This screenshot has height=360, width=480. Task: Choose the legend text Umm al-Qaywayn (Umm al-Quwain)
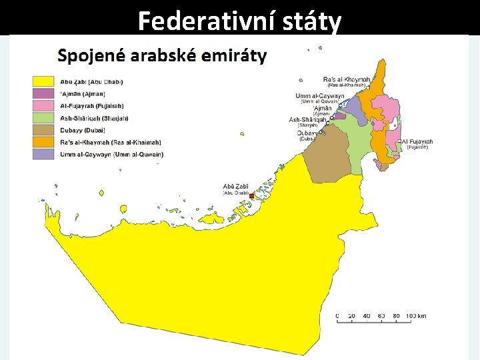click(x=111, y=154)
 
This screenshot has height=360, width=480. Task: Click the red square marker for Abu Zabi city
click(x=252, y=196)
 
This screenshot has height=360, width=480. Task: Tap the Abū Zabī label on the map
click(x=235, y=187)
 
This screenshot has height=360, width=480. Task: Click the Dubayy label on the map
click(x=307, y=133)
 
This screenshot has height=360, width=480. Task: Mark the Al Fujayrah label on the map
click(x=418, y=141)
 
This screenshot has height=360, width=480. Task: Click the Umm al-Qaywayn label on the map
click(x=320, y=96)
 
